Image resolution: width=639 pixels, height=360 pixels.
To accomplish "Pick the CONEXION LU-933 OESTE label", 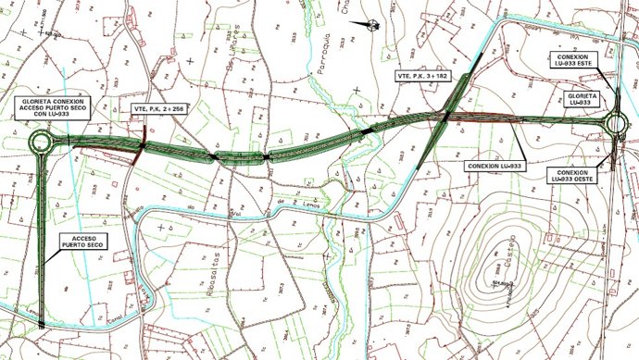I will [573, 176].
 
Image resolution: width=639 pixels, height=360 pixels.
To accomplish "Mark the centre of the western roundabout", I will [42, 143].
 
